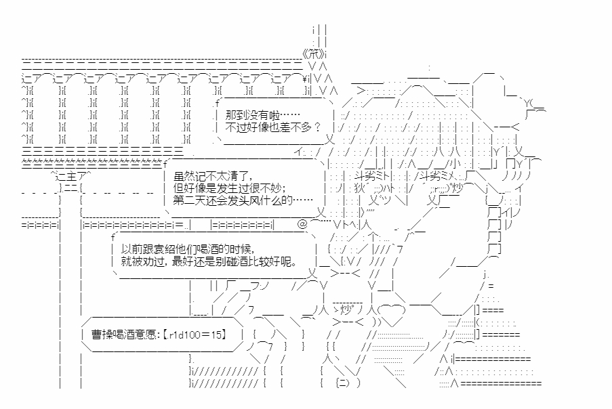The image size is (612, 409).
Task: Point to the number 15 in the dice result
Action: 217,334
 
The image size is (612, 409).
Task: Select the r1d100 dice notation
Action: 184,334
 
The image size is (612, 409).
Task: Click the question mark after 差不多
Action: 317,127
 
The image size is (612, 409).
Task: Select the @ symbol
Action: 302,224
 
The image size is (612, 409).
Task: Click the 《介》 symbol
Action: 314,53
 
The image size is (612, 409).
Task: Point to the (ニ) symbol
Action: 343,383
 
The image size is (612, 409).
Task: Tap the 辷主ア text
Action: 71,176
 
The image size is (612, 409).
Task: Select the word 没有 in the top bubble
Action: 258,115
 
